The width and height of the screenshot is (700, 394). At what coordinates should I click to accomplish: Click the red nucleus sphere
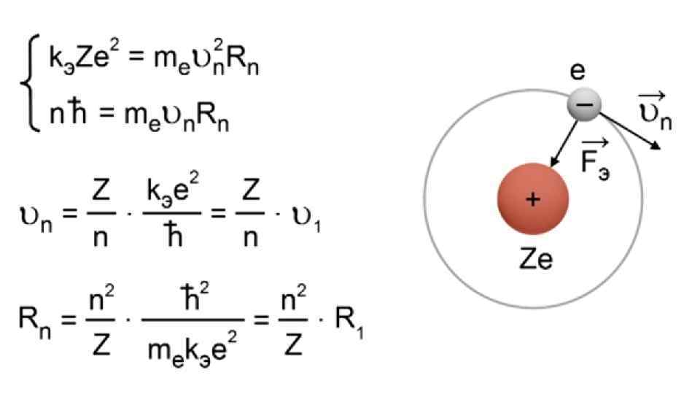(532, 199)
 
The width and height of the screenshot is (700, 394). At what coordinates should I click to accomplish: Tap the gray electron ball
(584, 104)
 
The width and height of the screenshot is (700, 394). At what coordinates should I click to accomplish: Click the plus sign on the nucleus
(533, 199)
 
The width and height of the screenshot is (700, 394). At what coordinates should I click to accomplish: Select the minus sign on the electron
(584, 105)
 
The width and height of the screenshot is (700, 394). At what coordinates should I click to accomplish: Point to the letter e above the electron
(577, 72)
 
